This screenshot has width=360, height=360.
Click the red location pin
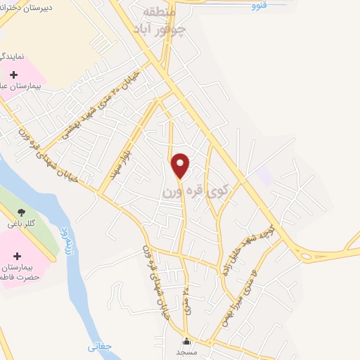pos(181,166)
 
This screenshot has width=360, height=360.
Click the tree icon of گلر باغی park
pos(22,211)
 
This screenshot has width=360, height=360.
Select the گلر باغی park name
pos(21,224)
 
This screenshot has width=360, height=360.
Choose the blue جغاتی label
pos(100,346)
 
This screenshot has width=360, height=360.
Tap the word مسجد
pos(186,351)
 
